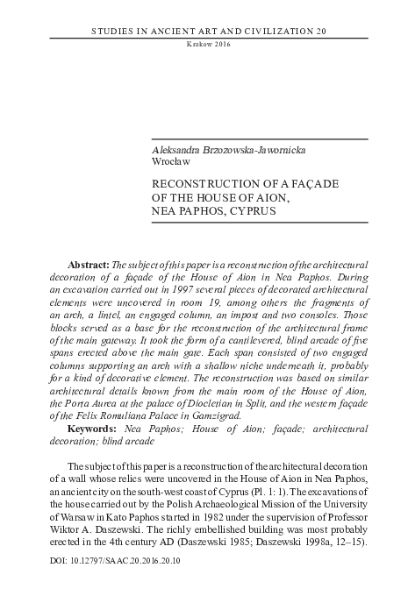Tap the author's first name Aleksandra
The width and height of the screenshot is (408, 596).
click(179, 151)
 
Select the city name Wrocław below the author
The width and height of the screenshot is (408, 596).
click(171, 163)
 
